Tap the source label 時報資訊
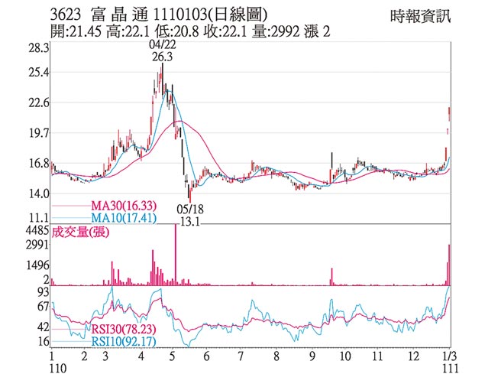point(420,15)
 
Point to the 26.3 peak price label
point(161,57)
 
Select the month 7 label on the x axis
point(240,356)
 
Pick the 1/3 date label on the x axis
point(448,356)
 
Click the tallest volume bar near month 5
point(176,255)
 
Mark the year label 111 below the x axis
point(448,369)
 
